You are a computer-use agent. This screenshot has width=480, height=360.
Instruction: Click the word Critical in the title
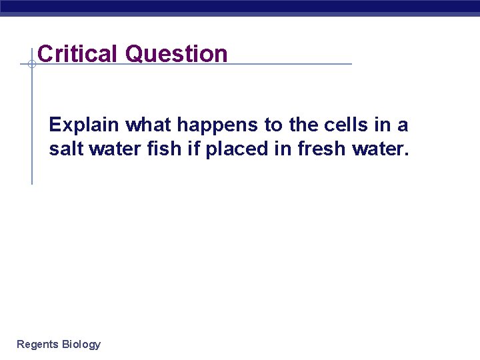[79, 53]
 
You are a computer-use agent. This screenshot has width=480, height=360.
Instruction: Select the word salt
[64, 149]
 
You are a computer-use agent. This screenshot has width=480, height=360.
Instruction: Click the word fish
[165, 149]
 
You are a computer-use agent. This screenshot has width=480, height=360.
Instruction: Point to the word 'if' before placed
[193, 149]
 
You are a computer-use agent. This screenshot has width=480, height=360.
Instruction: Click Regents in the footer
[37, 344]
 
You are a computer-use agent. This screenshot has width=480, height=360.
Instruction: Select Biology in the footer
[81, 345]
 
